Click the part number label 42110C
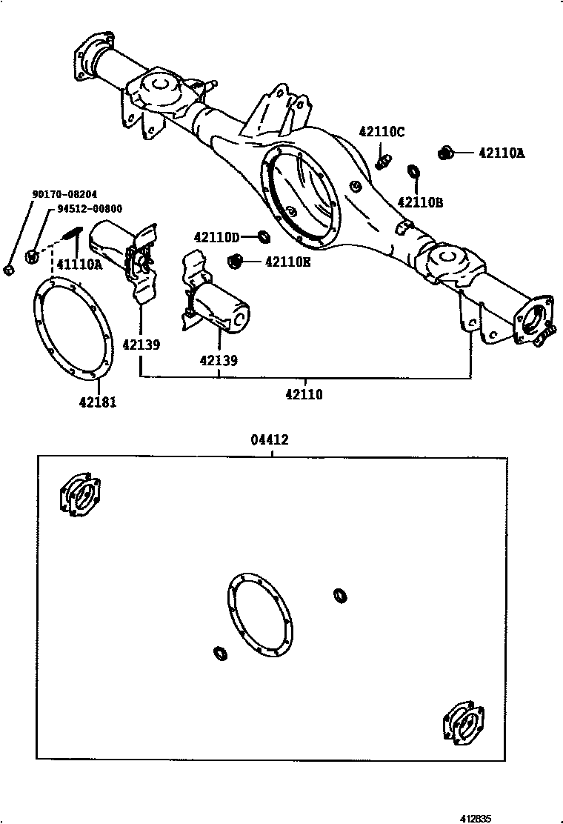[382, 132]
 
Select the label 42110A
[501, 153]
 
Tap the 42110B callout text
[420, 202]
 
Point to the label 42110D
[217, 237]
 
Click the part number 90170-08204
[64, 195]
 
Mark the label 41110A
[79, 264]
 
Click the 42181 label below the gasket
[98, 402]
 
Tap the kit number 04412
[270, 440]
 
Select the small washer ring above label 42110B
[413, 172]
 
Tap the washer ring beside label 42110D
[262, 236]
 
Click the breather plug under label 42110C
[383, 159]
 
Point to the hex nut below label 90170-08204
[8, 269]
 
